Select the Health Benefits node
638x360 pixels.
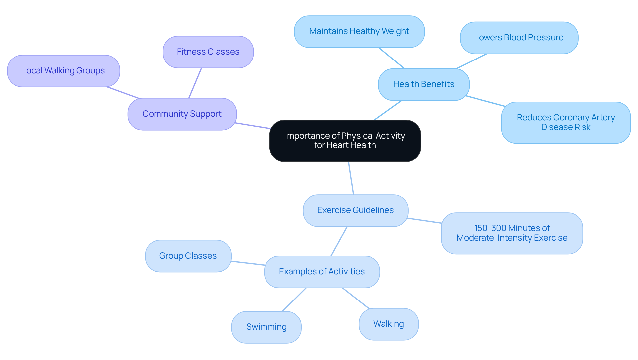[x=424, y=84]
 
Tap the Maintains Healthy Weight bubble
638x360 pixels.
[x=359, y=31]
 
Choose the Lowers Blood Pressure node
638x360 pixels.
[x=519, y=38]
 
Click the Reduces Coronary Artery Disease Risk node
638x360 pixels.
[x=566, y=122]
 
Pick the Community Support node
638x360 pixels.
[x=182, y=114]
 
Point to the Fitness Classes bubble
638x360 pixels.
[x=208, y=52]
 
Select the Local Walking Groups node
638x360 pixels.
[x=63, y=71]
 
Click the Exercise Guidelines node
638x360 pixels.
[x=355, y=210]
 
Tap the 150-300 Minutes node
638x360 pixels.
[x=511, y=233]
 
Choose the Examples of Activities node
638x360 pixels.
[x=322, y=272]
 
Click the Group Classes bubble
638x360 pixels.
[x=188, y=256]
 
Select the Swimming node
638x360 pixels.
[x=266, y=327]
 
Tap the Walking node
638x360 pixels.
[x=388, y=324]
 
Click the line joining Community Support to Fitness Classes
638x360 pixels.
[x=195, y=83]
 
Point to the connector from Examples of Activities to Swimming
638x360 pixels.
[x=294, y=300]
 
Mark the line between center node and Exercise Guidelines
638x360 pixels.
[x=351, y=178]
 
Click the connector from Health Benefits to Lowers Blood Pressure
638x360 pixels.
[x=472, y=61]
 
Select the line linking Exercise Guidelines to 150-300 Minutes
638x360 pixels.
[x=424, y=221]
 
